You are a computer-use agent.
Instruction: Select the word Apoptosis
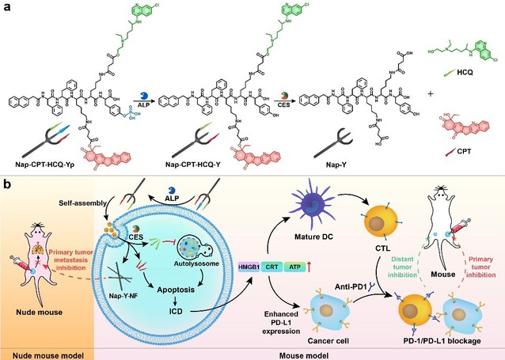coord(164,303)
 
